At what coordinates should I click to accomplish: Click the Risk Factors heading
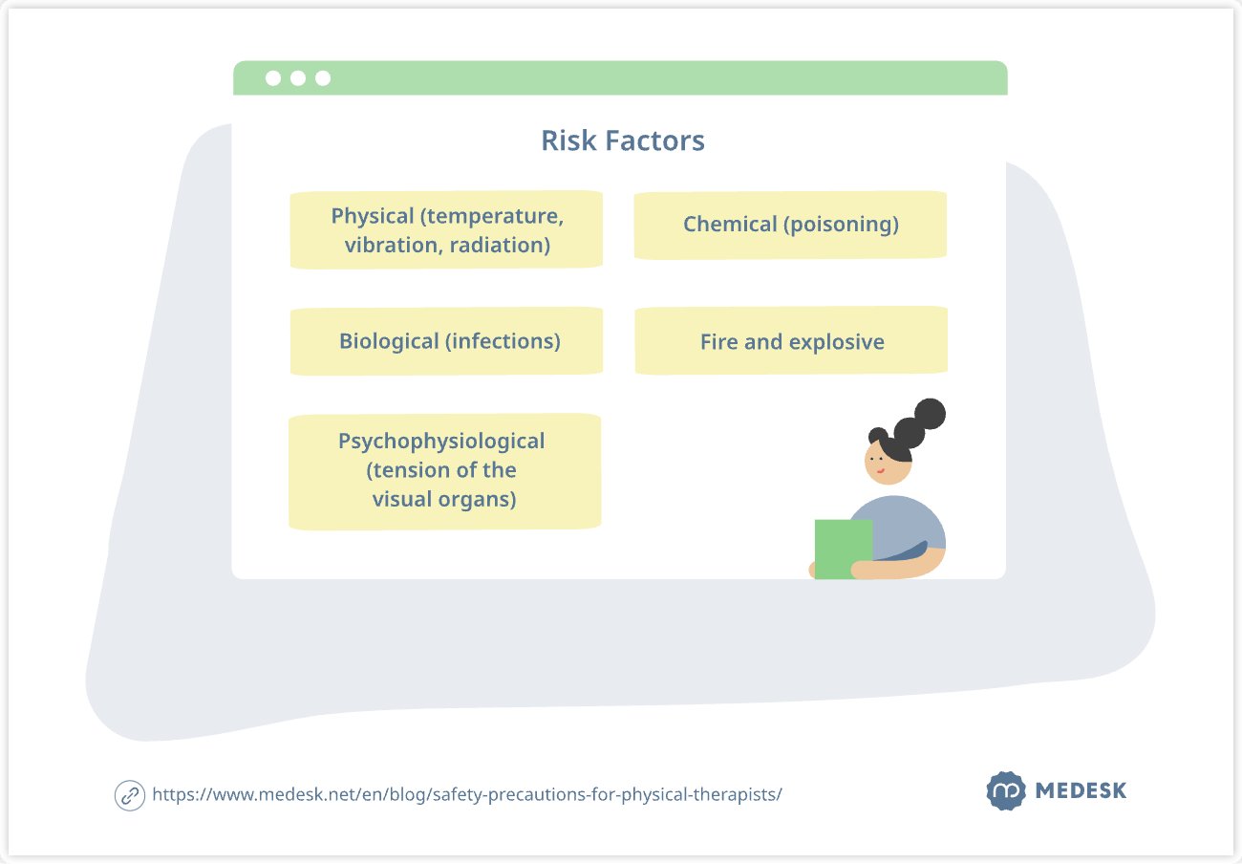[623, 140]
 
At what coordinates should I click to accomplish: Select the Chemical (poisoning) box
[790, 225]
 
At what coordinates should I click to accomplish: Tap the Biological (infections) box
[446, 341]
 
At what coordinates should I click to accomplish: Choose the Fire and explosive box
[791, 340]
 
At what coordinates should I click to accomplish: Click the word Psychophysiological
[441, 442]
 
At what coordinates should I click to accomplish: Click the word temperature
[492, 216]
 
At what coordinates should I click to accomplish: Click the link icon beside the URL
[130, 795]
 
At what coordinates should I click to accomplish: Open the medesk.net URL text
[467, 794]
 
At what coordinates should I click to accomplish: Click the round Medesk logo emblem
[1006, 790]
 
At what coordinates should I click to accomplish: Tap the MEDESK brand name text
[1081, 790]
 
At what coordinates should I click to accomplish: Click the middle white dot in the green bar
[298, 78]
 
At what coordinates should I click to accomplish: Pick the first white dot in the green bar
[273, 78]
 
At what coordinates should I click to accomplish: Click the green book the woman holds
[843, 549]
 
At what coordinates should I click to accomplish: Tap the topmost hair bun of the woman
[930, 414]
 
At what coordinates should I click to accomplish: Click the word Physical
[372, 216]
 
